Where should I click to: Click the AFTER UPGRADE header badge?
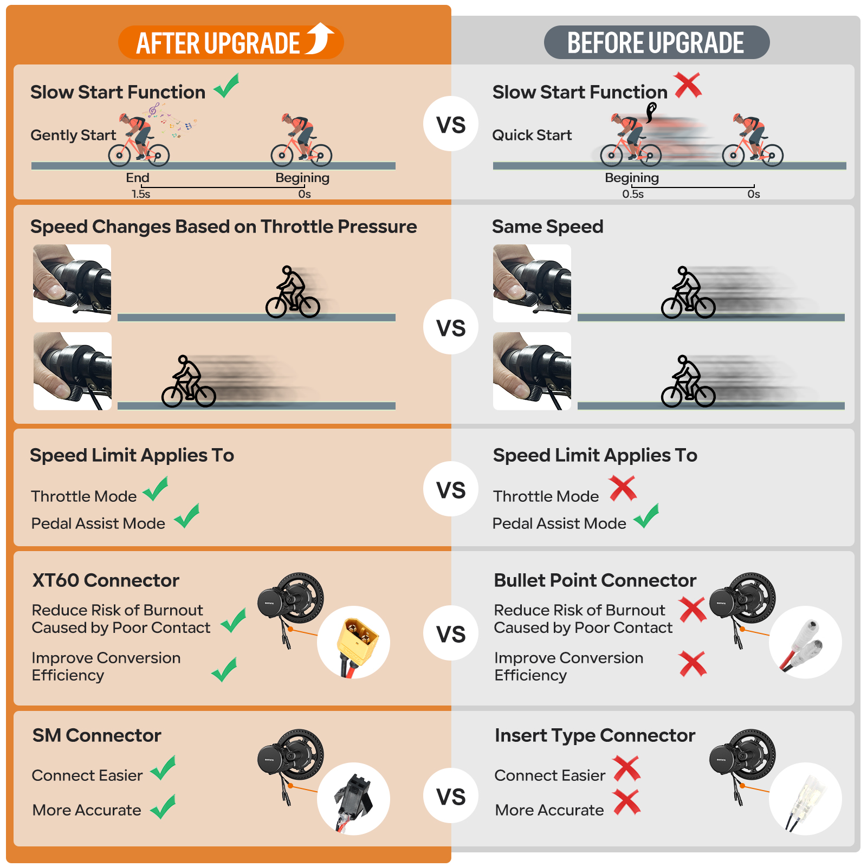tap(231, 42)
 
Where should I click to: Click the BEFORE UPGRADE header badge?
tap(657, 42)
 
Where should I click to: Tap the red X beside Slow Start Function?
tap(688, 85)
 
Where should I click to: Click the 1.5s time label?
tap(141, 194)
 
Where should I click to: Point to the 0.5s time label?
tap(633, 194)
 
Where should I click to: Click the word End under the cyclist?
tap(138, 178)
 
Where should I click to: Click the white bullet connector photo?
tap(805, 642)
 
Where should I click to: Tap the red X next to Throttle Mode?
tap(623, 488)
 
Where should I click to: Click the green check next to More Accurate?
tap(163, 807)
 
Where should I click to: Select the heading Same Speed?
tap(548, 227)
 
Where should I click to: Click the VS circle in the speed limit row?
tap(451, 489)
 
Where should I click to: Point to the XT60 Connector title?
tap(106, 580)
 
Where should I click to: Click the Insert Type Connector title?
tap(595, 735)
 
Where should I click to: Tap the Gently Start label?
tap(73, 135)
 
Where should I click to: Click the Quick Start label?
tap(532, 135)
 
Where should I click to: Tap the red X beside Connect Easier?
tap(627, 769)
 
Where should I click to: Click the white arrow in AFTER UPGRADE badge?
tap(320, 38)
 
